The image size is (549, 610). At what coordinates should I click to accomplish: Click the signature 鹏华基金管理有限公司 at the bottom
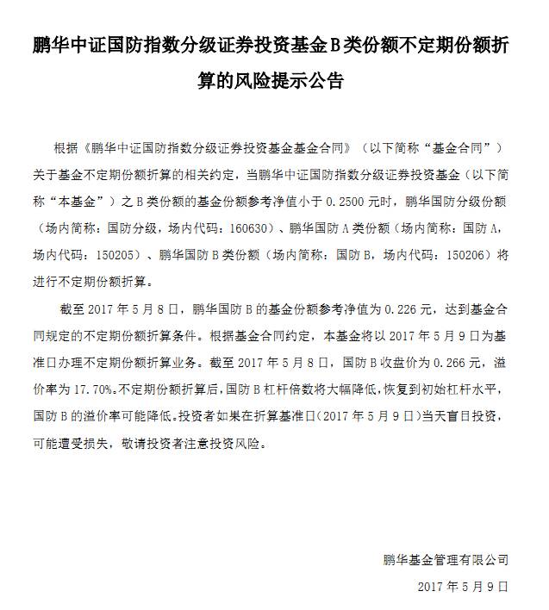point(446,560)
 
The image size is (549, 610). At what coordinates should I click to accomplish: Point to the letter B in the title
point(367,45)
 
